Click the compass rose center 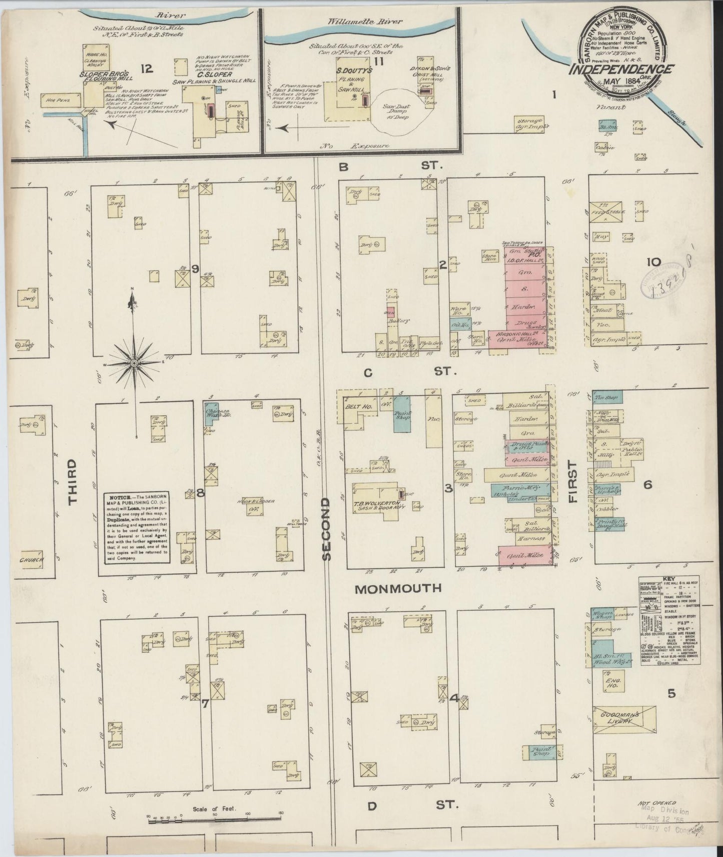(x=134, y=362)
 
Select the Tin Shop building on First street (x=607, y=398)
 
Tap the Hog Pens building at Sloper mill (x=62, y=99)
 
